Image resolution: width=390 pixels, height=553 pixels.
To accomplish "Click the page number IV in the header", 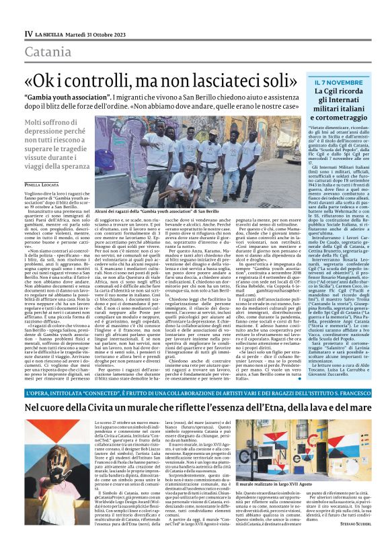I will click(28, 33).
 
